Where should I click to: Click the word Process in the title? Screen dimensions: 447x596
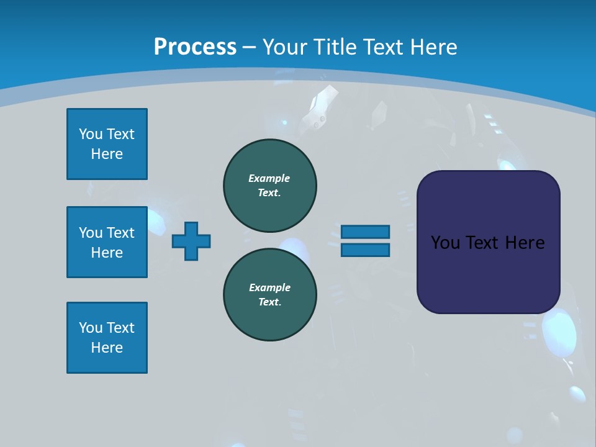195,47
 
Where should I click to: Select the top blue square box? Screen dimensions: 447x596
107,144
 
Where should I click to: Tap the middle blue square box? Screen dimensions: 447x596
107,242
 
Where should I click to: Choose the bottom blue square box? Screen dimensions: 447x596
107,338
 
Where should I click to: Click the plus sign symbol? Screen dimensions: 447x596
191,241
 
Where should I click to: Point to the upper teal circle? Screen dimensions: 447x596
269,185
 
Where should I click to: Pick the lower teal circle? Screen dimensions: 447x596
269,294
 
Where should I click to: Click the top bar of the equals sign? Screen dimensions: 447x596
365,232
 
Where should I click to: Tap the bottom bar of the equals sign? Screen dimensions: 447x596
365,250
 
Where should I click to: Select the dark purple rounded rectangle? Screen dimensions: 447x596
488,273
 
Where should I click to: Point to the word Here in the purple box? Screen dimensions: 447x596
525,243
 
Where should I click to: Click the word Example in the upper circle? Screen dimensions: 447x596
269,178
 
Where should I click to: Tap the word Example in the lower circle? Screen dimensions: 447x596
269,287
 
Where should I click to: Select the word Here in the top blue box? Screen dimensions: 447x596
107,154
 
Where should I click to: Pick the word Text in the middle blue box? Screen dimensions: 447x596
120,233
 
